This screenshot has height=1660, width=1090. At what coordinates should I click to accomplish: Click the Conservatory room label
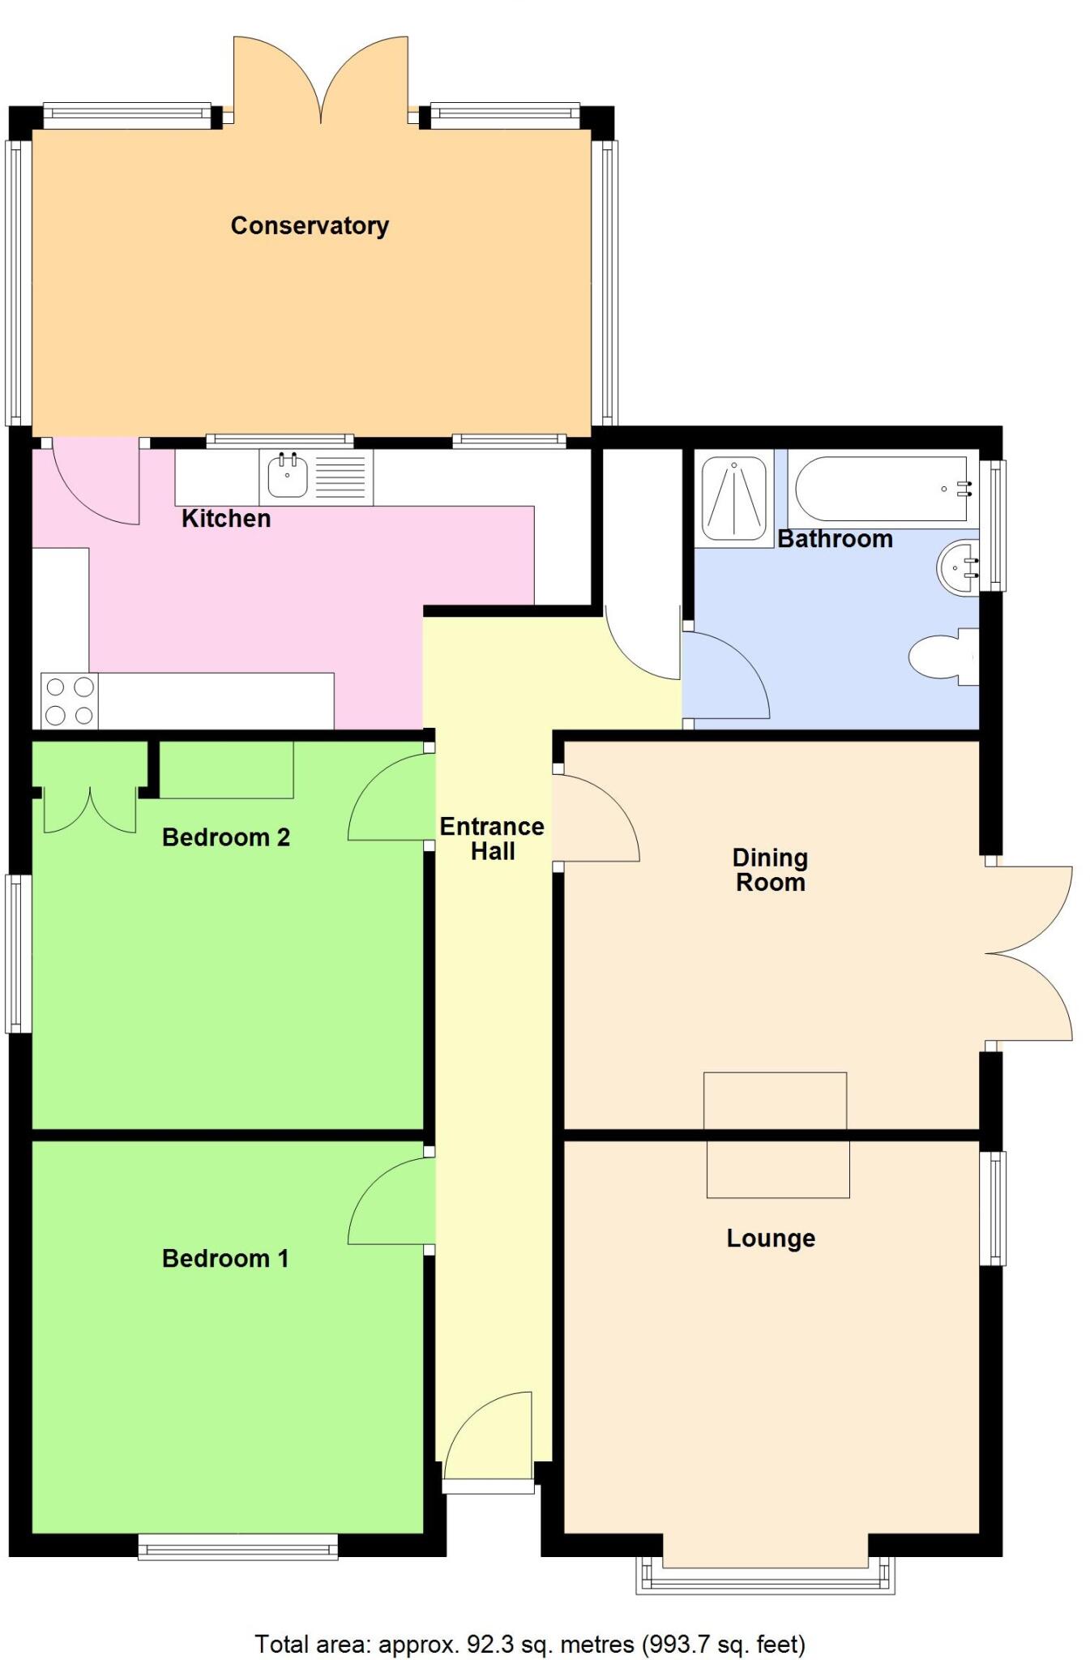pyautogui.click(x=310, y=225)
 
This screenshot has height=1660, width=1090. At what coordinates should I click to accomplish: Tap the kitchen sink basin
pyautogui.click(x=287, y=477)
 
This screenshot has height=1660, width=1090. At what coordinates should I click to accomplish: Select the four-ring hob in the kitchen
pyautogui.click(x=70, y=701)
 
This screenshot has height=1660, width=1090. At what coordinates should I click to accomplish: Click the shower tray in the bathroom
pyautogui.click(x=733, y=498)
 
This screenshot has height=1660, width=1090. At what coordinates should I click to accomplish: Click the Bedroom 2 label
pyautogui.click(x=226, y=837)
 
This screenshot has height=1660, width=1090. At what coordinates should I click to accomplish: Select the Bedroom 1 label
pyautogui.click(x=225, y=1259)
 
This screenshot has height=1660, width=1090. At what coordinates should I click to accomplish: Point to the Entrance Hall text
pyautogui.click(x=492, y=839)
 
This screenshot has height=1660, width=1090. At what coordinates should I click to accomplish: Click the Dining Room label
pyautogui.click(x=770, y=870)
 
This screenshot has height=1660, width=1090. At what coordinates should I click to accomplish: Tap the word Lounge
pyautogui.click(x=771, y=1239)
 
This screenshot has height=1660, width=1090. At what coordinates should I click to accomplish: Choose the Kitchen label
pyautogui.click(x=226, y=519)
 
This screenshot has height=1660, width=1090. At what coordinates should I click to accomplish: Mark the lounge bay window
pyautogui.click(x=765, y=1579)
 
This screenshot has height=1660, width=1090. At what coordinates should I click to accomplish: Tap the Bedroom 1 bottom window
pyautogui.click(x=237, y=1547)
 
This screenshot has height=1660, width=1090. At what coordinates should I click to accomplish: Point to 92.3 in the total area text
pyautogui.click(x=491, y=1644)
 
